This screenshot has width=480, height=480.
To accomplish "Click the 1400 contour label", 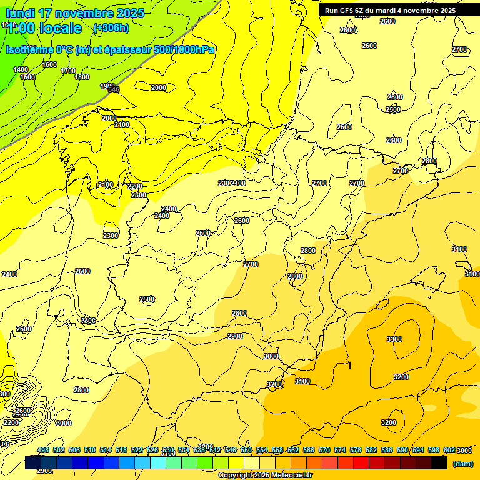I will coord(21,69).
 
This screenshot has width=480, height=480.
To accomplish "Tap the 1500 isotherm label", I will coord(27,77).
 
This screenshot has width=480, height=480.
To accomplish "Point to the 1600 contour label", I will coord(49,64).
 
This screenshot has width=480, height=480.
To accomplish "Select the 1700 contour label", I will coord(68,71).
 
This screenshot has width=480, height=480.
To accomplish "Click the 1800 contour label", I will coord(82,77).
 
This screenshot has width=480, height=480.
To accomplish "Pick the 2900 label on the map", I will coord(235,336).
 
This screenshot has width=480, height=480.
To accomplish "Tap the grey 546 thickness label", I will coord(113,89).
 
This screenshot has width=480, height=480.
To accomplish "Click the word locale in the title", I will coord(60,28).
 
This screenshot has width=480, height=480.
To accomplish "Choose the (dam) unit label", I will coord(462,463).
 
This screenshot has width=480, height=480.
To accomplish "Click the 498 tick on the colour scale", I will coord(43,450).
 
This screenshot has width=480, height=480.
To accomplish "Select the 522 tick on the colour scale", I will coord(137,450).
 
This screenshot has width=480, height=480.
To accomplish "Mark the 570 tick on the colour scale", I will coord(324,450).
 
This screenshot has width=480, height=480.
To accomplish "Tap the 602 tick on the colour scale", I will coord(449,450).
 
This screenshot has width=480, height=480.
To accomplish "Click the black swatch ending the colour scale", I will coord(439,463).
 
